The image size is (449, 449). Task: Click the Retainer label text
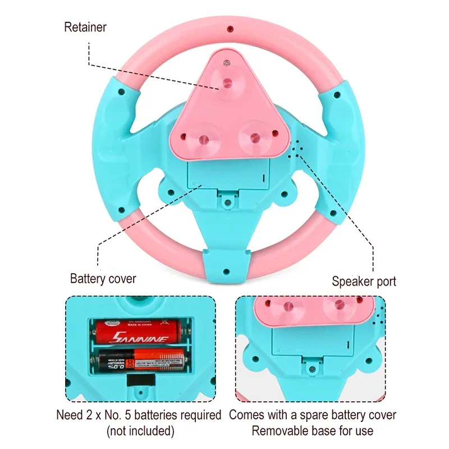85,26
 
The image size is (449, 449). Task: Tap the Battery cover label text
103,278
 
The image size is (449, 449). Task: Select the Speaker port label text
364,281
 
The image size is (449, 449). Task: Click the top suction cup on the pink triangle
227,83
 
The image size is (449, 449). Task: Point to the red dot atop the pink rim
229,28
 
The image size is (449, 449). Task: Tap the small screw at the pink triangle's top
226,63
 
